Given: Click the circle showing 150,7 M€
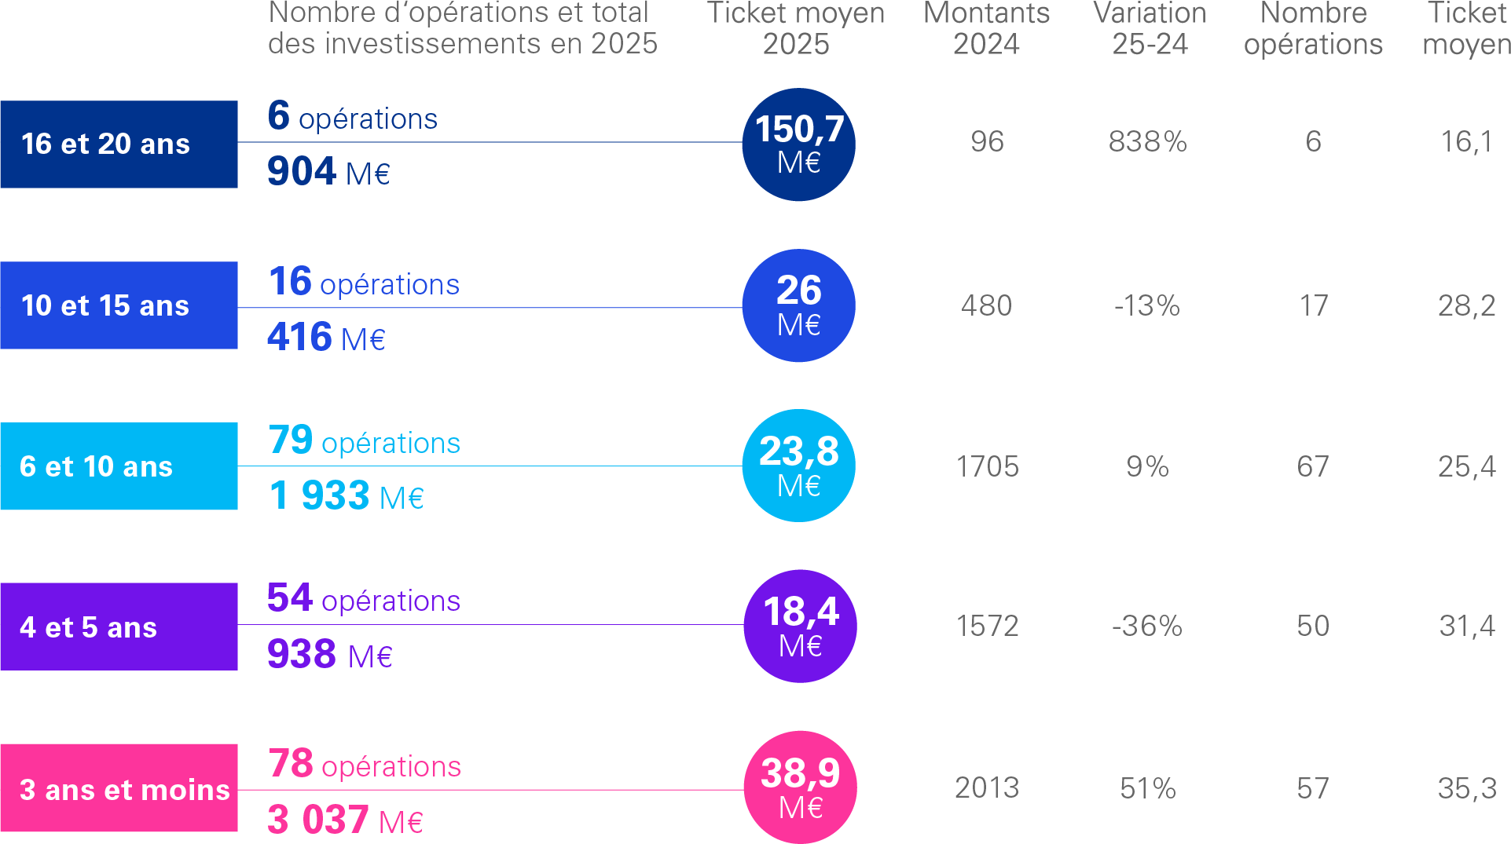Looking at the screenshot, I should (798, 144).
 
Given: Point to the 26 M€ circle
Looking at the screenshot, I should (798, 305).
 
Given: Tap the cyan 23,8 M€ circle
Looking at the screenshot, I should (798, 466).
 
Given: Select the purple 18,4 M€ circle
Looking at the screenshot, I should (800, 626).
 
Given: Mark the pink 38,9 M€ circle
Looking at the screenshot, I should (800, 787).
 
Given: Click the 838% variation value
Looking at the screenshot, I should (1147, 142).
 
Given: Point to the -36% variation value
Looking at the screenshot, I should (1146, 627).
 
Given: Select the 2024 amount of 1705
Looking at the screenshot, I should (987, 467).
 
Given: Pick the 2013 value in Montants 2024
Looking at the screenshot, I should (987, 788).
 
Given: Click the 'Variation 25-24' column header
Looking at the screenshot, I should (1150, 28).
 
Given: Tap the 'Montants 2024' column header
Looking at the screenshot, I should (986, 28).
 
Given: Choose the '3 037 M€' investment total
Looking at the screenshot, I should (345, 820).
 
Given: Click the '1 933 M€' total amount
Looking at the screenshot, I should (346, 496).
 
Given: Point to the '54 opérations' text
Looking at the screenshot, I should (363, 599).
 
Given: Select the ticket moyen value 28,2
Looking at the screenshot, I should (1466, 306).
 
